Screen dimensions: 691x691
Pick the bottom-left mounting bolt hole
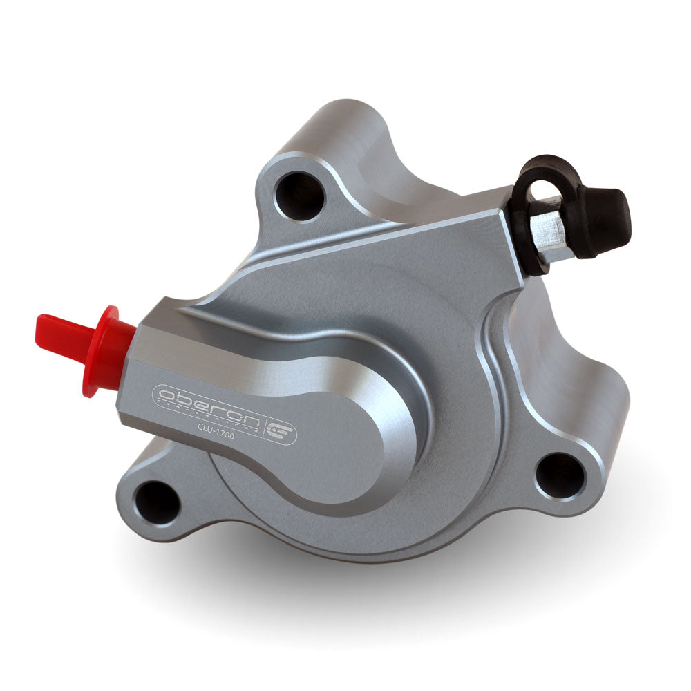coord(157,502)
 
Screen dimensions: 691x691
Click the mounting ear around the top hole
coord(276,166)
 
